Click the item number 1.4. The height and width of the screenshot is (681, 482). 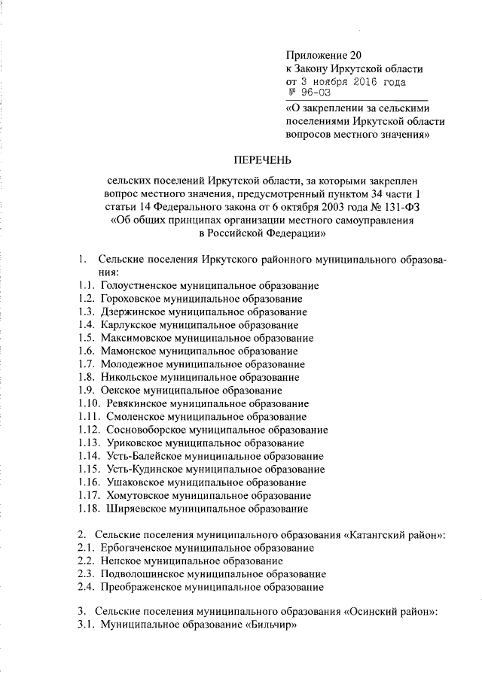point(85,325)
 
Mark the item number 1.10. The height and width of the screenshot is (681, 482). point(87,403)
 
